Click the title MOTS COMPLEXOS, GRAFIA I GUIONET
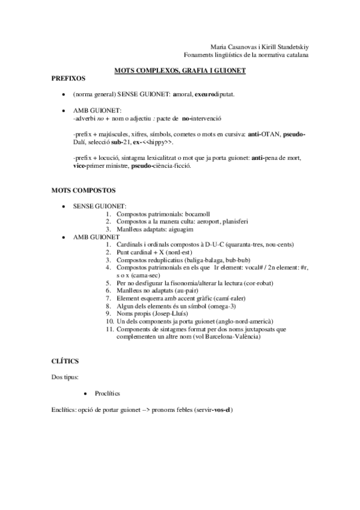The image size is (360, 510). [x=180, y=70]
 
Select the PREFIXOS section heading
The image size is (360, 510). [x=69, y=78]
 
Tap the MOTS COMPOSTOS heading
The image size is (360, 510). [x=84, y=189]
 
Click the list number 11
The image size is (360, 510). [x=109, y=329]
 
